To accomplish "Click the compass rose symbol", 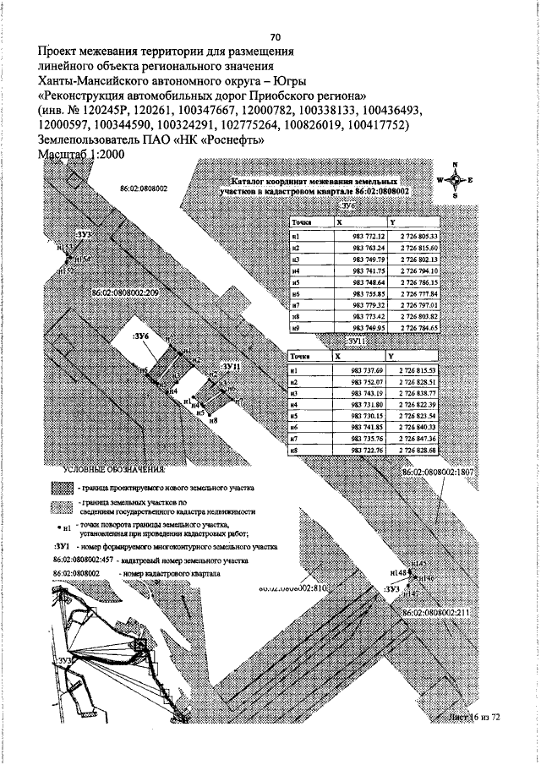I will [455, 180].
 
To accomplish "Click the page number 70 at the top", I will [275, 38].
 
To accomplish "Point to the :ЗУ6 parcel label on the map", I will [141, 336].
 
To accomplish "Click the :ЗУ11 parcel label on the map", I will [231, 365].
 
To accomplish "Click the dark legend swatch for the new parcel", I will [61, 488].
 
